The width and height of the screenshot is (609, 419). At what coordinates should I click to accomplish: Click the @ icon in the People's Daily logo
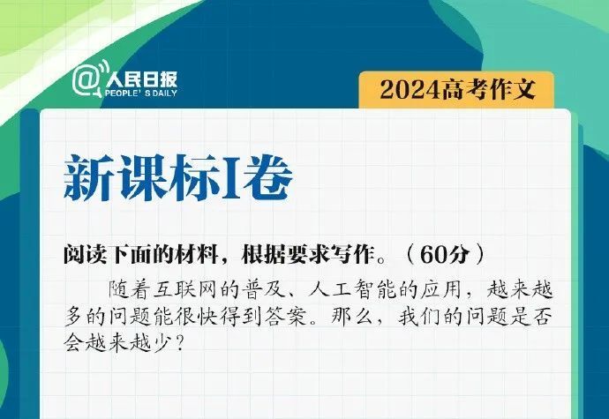pyautogui.click(x=86, y=80)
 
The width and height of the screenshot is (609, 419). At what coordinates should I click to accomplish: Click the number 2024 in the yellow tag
pyautogui.click(x=411, y=88)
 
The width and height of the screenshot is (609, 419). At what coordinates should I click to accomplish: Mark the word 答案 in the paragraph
pyautogui.click(x=292, y=315)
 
